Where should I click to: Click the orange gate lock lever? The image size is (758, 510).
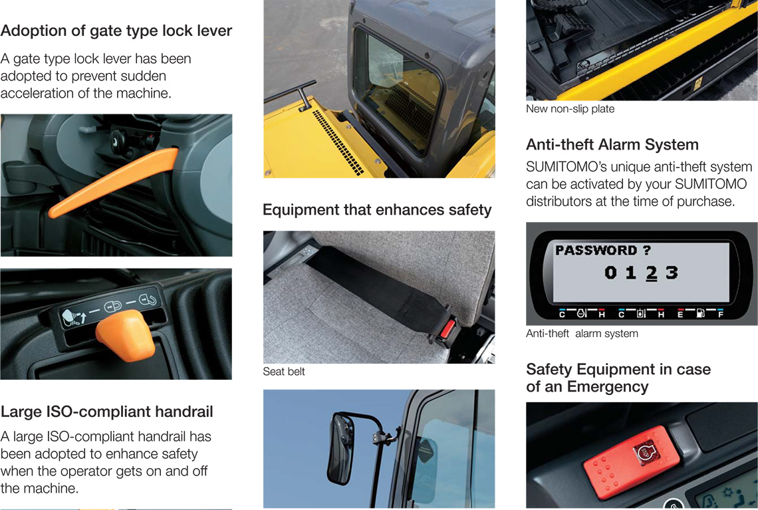click(x=114, y=183)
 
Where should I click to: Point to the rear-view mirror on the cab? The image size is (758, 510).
click(x=341, y=447)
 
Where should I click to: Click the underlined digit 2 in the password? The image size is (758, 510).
click(x=651, y=273)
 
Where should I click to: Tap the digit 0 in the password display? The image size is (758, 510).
click(x=610, y=273)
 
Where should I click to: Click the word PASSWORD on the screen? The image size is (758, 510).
click(x=596, y=250)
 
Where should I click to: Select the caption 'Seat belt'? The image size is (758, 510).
click(x=284, y=371)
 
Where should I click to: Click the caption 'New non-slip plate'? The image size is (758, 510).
click(x=570, y=109)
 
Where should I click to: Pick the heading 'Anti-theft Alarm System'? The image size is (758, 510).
click(x=612, y=144)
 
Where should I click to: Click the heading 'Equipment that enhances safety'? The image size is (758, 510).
click(x=377, y=210)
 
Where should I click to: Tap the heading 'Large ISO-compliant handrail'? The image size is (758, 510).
click(x=107, y=412)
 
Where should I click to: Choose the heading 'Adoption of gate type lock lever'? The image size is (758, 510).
click(x=116, y=31)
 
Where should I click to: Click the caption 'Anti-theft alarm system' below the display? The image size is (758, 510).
click(x=582, y=334)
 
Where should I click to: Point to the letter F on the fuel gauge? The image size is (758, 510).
click(x=721, y=315)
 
